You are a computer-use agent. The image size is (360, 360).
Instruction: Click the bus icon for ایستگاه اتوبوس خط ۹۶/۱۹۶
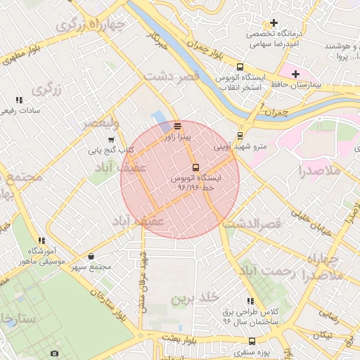pyautogui.click(x=195, y=168)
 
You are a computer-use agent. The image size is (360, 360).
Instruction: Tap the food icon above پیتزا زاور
pyautogui.click(x=176, y=127)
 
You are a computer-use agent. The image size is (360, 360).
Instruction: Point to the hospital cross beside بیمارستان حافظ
pyautogui.click(x=295, y=74)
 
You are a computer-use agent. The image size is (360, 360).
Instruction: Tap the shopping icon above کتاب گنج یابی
pyautogui.click(x=111, y=139)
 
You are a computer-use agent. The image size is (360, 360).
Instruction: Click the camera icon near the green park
pyautogui.click(x=55, y=352)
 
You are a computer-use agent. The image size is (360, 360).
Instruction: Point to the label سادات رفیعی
pyautogui.click(x=20, y=110)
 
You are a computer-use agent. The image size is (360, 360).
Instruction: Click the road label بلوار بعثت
pyautogui.click(x=179, y=337)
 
